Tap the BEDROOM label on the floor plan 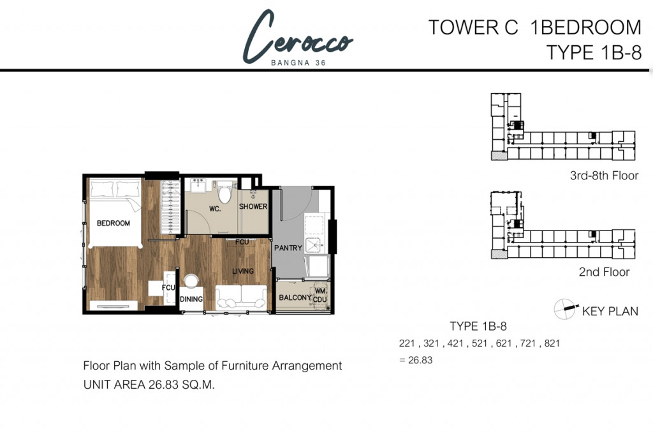coord(113,223)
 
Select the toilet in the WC coord(224,193)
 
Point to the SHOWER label coord(253,207)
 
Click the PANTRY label coord(288,248)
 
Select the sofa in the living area coord(241,296)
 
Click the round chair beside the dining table coord(191,281)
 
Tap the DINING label coord(191,299)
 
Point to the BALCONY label coord(295,297)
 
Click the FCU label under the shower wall coord(242,243)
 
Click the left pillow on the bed coord(102,188)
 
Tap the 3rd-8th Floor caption coord(604,176)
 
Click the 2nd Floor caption coord(604,272)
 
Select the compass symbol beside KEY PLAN coord(564,308)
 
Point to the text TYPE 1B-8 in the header coord(594,52)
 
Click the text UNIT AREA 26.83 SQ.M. coord(149,386)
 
